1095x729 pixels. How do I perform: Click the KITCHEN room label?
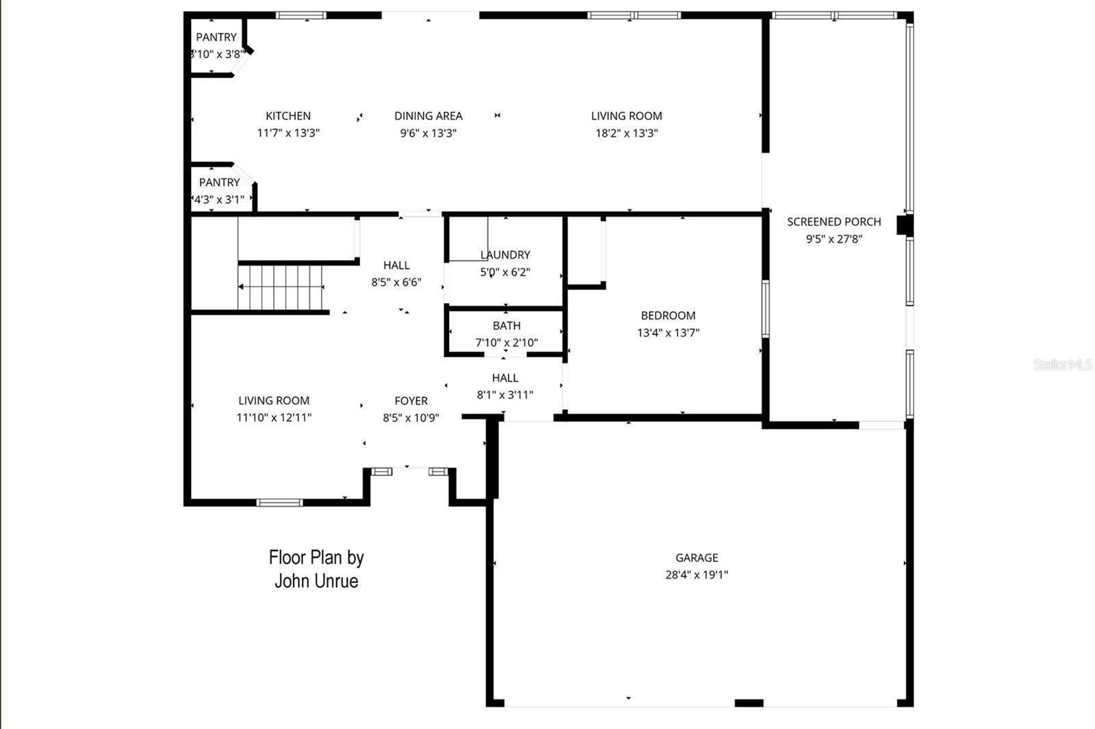(x=288, y=116)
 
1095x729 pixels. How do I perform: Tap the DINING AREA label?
(x=428, y=116)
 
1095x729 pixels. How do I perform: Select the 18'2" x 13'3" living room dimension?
(x=626, y=133)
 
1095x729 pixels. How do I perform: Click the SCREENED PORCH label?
(x=834, y=222)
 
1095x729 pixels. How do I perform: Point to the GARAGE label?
(x=697, y=558)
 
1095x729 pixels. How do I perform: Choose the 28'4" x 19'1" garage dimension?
(x=697, y=575)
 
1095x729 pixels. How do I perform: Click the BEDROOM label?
(x=668, y=316)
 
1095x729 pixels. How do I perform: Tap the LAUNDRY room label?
(x=505, y=255)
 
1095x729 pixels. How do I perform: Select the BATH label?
(x=506, y=326)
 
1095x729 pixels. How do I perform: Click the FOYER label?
(x=411, y=401)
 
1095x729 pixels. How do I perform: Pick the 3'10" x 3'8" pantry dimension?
(x=217, y=55)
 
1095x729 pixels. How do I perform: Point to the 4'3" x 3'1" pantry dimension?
(x=219, y=200)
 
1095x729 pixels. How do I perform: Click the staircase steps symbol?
(x=280, y=287)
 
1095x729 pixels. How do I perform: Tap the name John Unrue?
(x=316, y=581)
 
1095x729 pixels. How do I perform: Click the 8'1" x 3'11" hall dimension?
(x=504, y=395)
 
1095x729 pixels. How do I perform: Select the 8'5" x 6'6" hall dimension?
(x=396, y=282)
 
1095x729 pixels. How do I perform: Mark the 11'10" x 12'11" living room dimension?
(x=274, y=418)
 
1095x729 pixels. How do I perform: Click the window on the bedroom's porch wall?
(x=765, y=309)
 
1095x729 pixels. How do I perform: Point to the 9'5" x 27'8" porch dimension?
(x=834, y=239)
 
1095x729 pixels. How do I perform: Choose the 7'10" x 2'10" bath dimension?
(x=506, y=343)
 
